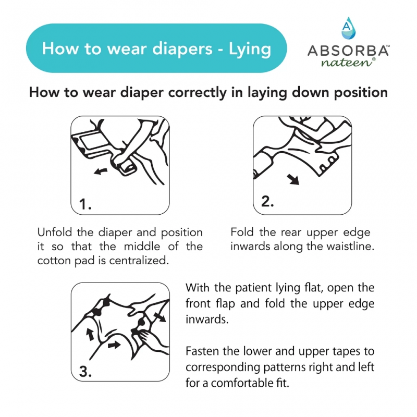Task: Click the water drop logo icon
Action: click(x=348, y=28)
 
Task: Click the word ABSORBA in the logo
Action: click(x=348, y=51)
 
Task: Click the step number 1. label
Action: click(x=86, y=205)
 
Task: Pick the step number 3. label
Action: click(x=87, y=372)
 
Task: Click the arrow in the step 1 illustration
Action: click(x=102, y=170)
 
